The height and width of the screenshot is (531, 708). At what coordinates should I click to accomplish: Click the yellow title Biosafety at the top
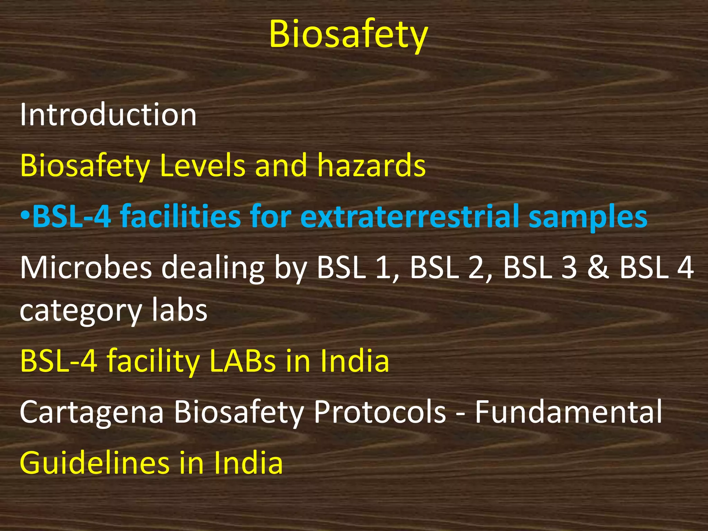coord(348,35)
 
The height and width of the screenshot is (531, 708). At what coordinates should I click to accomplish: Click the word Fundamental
coord(568,411)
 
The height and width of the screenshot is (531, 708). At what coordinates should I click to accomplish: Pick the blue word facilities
coord(180,216)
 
